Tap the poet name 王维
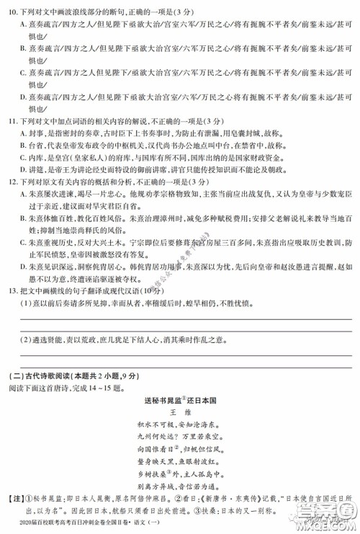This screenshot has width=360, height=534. (179, 411)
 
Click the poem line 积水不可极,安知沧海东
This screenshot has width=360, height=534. (180, 425)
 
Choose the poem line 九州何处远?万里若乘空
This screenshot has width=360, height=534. (180, 438)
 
